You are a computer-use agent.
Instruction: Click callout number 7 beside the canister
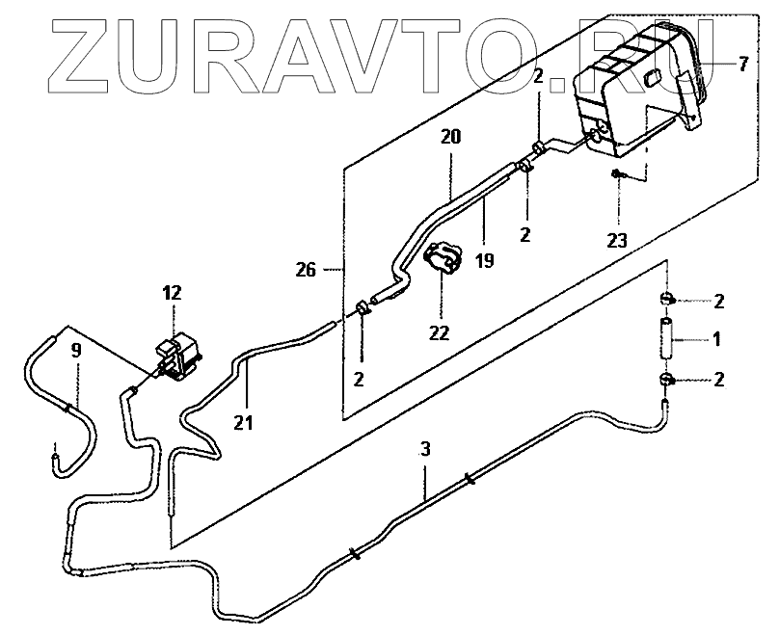pyautogui.click(x=743, y=66)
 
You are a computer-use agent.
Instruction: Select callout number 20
pyautogui.click(x=452, y=138)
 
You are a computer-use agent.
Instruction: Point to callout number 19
pyautogui.click(x=484, y=259)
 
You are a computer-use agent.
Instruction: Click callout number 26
pyautogui.click(x=306, y=271)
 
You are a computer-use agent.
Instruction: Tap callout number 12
pyautogui.click(x=173, y=293)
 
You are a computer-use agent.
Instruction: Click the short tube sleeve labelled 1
pyautogui.click(x=665, y=339)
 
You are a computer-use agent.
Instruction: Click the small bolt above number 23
pyautogui.click(x=615, y=174)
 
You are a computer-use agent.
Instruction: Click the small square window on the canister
pyautogui.click(x=652, y=77)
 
